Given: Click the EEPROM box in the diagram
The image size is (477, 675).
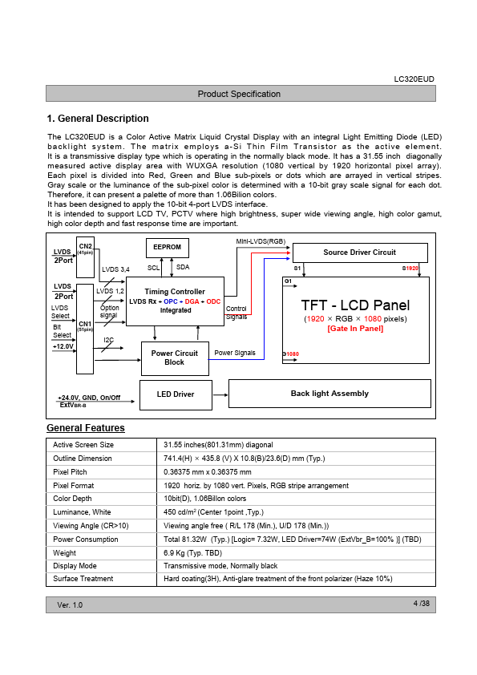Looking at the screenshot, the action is (168, 248).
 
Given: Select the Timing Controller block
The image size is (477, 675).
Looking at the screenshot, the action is (176, 301).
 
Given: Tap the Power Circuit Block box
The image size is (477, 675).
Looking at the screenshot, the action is (176, 358).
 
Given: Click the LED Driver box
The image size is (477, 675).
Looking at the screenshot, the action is (176, 394).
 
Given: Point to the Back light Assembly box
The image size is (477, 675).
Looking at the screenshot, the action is (329, 394).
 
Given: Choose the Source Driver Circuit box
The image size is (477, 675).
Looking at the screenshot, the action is (360, 253).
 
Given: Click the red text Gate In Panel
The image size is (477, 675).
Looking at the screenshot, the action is (355, 329).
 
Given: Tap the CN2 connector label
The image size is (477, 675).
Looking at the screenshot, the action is (85, 246).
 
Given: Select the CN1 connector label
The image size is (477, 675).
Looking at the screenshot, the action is (85, 324).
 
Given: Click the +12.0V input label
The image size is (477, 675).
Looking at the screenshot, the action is (63, 346).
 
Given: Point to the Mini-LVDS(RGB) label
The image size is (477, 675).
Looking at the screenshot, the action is (261, 241).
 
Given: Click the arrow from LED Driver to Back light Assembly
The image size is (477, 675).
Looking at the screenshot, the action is (220, 394).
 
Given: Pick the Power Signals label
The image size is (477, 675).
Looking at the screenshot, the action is (235, 353).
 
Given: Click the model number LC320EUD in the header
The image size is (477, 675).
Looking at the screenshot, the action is (414, 79).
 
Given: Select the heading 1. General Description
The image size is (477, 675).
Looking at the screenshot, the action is (98, 119).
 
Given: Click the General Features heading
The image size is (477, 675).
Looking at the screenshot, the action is (86, 428).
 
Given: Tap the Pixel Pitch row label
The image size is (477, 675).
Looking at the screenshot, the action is (70, 472).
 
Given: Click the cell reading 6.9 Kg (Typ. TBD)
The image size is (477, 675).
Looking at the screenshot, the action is (193, 552).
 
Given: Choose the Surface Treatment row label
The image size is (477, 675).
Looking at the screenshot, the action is (83, 579).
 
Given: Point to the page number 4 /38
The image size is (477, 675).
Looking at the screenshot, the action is (422, 604).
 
